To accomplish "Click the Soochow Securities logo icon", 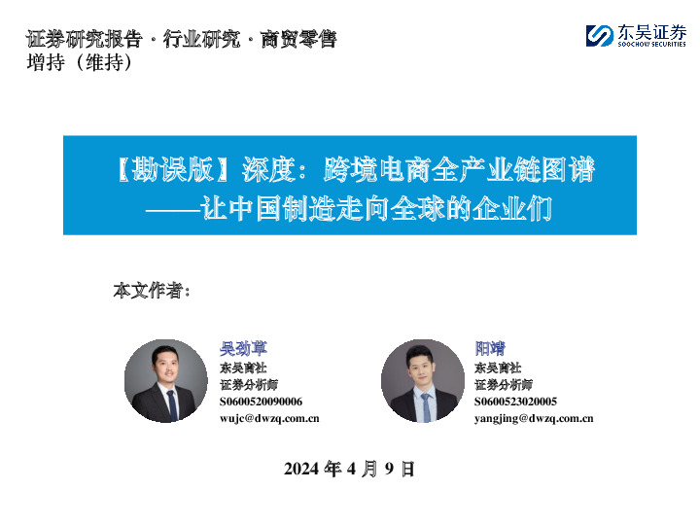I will click(x=599, y=36).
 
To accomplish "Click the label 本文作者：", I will click(x=152, y=291).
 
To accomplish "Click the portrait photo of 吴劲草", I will click(x=166, y=380).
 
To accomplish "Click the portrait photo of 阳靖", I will click(x=422, y=380).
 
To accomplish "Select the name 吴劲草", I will click(x=243, y=348).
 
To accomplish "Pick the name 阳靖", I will click(x=489, y=348).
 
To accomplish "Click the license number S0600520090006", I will click(x=261, y=402).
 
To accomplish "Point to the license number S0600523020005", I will click(x=515, y=402).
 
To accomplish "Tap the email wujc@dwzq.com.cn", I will click(x=269, y=418).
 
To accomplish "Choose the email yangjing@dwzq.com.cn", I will click(x=534, y=418).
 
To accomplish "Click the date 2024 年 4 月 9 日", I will click(x=349, y=470).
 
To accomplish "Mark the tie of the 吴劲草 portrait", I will click(x=171, y=404).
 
